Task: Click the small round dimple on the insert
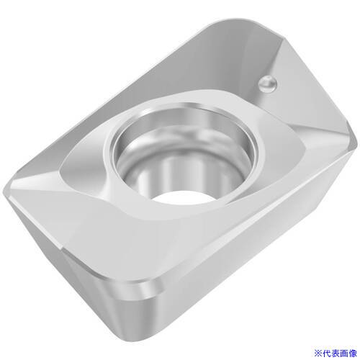pyautogui.click(x=268, y=84)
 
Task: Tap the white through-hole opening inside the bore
pyautogui.click(x=182, y=197)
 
